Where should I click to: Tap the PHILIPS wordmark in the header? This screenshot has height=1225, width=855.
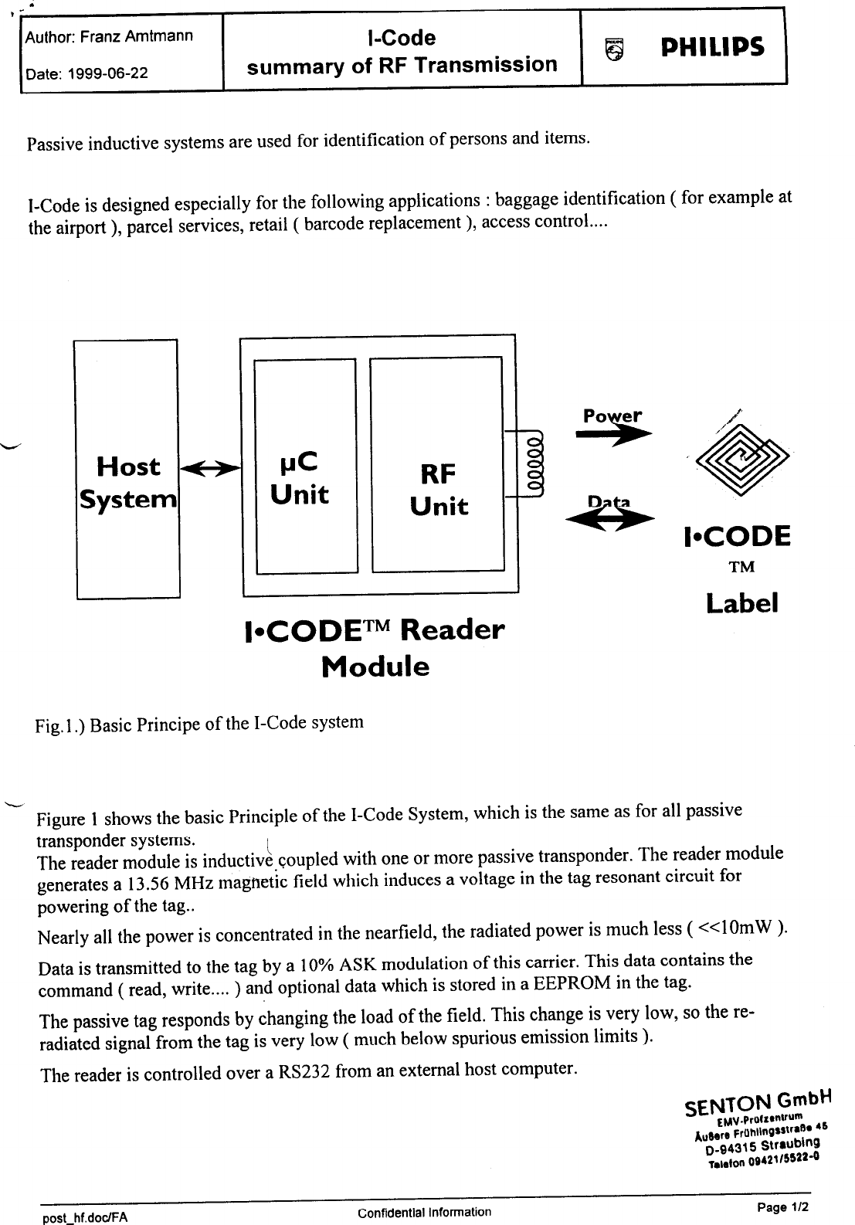click(x=712, y=47)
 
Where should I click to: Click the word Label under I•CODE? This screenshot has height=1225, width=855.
click(x=741, y=603)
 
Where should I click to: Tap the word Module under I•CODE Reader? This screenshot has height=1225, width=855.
click(x=375, y=667)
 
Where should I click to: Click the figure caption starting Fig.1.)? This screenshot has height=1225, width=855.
click(x=198, y=724)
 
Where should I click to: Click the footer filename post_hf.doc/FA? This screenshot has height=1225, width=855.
click(x=84, y=1217)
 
